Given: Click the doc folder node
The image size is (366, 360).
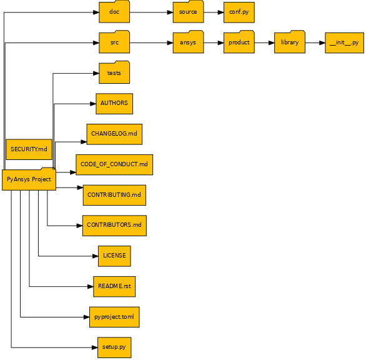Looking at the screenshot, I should tap(114, 12).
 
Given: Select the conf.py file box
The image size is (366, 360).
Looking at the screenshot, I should tap(239, 12).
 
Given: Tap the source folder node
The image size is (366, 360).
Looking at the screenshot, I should tap(188, 12).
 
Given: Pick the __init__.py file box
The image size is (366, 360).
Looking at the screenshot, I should tap(344, 43).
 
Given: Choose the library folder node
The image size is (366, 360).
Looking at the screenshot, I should tap(289, 42).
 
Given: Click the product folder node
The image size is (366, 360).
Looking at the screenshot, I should tap(239, 42).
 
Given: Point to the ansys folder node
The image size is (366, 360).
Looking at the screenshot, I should tap(188, 42).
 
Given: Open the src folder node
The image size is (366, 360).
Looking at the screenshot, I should tap(114, 42).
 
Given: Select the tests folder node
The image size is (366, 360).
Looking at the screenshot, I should tap(114, 73).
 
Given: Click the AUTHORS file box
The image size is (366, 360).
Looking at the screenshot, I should tap(114, 103).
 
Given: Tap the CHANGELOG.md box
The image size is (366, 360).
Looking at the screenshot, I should tap(114, 134).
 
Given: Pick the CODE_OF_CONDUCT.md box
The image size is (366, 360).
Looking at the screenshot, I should tap(114, 164).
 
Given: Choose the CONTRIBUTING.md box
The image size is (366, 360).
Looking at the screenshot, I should tap(114, 195).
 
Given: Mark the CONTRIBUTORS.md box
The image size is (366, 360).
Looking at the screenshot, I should tap(114, 225).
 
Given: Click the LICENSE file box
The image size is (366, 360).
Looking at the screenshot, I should tap(114, 256).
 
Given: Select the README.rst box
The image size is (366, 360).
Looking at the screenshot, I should tap(114, 286).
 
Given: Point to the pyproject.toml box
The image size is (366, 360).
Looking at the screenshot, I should tap(114, 317).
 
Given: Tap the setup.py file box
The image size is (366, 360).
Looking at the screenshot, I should tap(114, 347).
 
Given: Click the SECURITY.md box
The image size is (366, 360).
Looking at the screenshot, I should tap(29, 149).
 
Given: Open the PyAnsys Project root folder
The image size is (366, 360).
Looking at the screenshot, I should tap(29, 179).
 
